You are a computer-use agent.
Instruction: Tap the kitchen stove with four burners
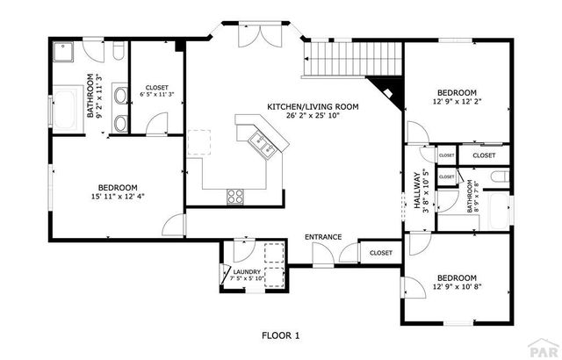(235, 197)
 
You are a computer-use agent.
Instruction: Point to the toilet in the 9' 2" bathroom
(118, 55)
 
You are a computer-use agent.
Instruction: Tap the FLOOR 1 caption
(281, 335)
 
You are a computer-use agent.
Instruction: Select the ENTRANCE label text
(322, 237)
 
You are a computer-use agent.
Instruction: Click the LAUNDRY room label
(247, 272)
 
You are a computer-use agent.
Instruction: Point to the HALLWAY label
(416, 189)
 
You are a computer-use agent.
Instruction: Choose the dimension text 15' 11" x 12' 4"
(117, 197)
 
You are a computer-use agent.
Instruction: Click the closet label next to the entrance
(380, 253)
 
